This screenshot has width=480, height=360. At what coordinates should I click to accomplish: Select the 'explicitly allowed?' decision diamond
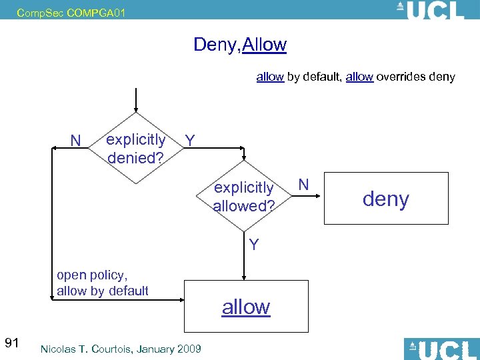click(244, 197)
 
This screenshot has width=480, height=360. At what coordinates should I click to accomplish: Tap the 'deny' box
click(385, 199)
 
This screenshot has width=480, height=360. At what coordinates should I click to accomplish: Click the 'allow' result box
click(246, 307)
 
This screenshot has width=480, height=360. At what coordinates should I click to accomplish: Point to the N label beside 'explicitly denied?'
click(75, 140)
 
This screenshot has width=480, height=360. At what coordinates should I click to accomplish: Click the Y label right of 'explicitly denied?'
click(190, 141)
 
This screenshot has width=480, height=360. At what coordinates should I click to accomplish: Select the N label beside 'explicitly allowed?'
click(303, 183)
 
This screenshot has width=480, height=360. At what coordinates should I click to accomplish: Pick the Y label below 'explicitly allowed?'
click(254, 244)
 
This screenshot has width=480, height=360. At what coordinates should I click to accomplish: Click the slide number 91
click(11, 343)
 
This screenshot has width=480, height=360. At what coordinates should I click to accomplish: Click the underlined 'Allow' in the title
click(265, 45)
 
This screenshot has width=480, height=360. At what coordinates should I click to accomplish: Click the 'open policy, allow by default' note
click(103, 283)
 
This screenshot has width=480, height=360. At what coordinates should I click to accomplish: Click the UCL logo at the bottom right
click(441, 349)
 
